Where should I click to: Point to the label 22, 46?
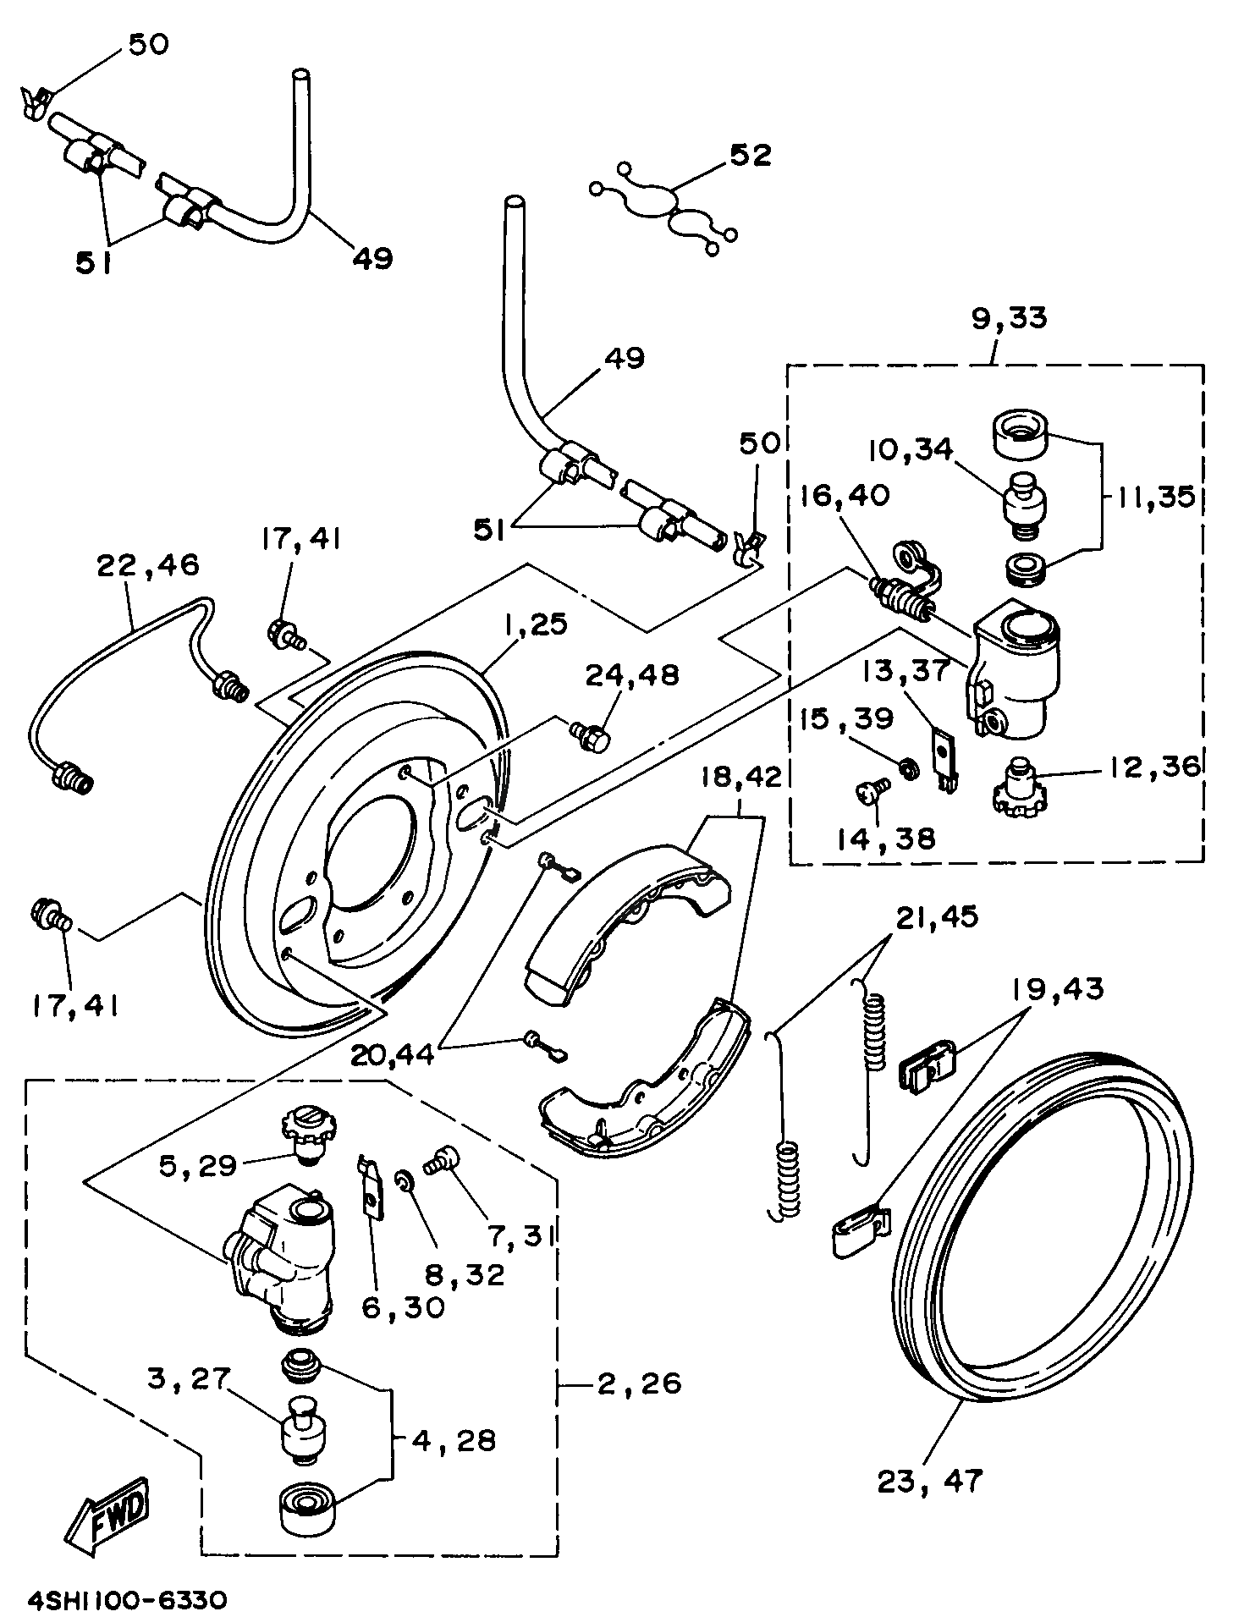(147, 564)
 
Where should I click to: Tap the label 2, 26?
(638, 1383)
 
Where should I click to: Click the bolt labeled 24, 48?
(592, 736)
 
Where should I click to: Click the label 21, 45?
(938, 916)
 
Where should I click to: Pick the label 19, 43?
(1056, 988)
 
